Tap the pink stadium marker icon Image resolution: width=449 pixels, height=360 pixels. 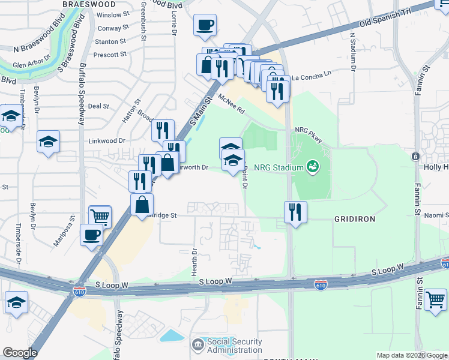point(312,166)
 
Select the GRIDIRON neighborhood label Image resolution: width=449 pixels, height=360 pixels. point(354,219)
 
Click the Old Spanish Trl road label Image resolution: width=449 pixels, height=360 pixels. point(388,23)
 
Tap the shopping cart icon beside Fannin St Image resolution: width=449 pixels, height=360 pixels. point(435,298)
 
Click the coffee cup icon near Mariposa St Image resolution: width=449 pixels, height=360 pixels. point(91,235)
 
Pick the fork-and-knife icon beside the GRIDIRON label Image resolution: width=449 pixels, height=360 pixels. point(295,211)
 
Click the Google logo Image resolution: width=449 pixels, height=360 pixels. point(20,353)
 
